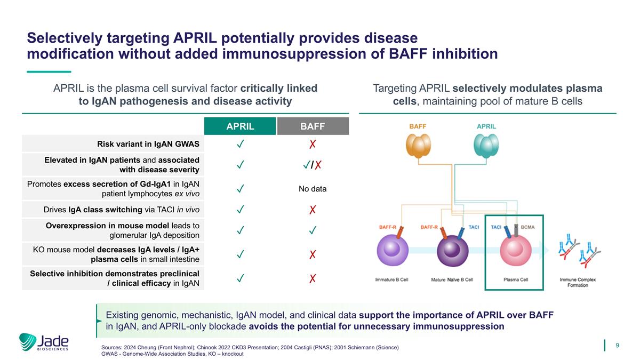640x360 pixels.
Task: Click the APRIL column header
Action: click(240, 126)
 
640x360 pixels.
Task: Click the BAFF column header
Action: click(313, 126)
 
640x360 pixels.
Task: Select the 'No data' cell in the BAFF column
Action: click(313, 189)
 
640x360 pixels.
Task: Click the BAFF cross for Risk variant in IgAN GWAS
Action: click(313, 144)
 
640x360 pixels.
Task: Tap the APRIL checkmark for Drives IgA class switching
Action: click(241, 210)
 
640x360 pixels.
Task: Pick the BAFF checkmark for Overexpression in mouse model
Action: click(313, 230)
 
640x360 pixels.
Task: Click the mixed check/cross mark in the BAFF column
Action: click(313, 165)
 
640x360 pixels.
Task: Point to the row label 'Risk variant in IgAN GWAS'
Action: click(148, 144)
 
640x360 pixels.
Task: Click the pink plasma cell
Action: click(514, 250)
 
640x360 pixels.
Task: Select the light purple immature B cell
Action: click(393, 250)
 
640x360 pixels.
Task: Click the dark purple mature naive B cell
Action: click(452, 250)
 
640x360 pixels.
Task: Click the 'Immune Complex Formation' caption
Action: click(578, 282)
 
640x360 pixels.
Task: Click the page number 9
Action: click(617, 346)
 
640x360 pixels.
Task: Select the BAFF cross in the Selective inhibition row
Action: click(313, 278)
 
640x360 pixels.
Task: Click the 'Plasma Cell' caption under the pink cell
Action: click(516, 280)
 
